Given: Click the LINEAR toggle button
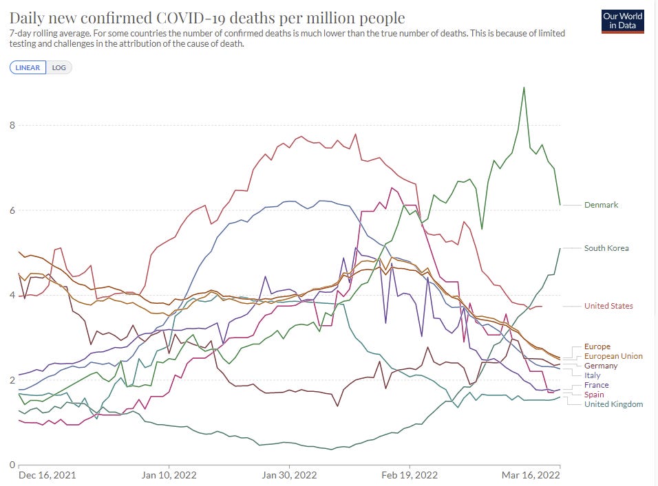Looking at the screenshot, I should (28, 67).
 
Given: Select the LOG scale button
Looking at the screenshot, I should (59, 67).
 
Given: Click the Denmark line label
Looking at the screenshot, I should (602, 205).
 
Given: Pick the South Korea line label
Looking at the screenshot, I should (606, 248).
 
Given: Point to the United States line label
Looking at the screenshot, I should (608, 306).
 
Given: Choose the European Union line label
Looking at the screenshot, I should (613, 356).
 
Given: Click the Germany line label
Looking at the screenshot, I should (601, 366).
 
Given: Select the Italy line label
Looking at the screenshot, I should (592, 375).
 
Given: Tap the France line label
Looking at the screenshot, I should (596, 385).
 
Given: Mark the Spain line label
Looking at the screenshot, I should (595, 395).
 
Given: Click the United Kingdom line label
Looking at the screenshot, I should (613, 404).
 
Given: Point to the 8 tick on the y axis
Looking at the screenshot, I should (11, 125).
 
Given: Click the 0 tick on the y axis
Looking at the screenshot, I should (11, 465).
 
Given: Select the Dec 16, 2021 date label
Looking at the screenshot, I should (47, 475).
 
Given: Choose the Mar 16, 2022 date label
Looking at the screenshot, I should (529, 475).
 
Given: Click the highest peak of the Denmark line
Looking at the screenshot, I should (524, 87).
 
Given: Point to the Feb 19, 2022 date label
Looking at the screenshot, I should (410, 475).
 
